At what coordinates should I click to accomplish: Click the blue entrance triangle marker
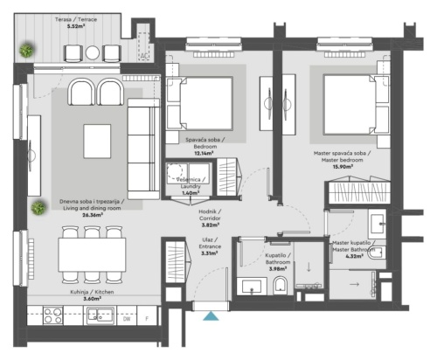(211, 316)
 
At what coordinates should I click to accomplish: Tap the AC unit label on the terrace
(144, 56)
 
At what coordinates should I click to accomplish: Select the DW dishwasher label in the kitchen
(127, 319)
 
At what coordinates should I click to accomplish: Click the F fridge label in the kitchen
(147, 319)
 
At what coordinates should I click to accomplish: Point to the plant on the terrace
(27, 50)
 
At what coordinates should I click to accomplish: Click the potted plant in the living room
(38, 207)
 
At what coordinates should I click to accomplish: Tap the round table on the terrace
(93, 52)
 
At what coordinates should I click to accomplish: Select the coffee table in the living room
(97, 142)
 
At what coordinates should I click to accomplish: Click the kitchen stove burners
(52, 315)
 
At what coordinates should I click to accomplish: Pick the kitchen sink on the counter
(100, 315)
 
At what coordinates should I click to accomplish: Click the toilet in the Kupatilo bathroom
(281, 285)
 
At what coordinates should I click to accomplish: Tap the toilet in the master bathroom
(377, 253)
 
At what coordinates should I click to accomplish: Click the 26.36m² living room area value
(94, 215)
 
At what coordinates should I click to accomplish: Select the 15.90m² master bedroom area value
(343, 167)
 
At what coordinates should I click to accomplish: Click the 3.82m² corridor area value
(210, 225)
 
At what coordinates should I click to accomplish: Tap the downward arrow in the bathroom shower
(309, 267)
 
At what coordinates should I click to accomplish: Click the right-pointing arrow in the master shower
(354, 284)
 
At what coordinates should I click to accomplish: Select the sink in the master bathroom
(378, 224)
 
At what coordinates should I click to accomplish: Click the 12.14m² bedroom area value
(204, 154)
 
